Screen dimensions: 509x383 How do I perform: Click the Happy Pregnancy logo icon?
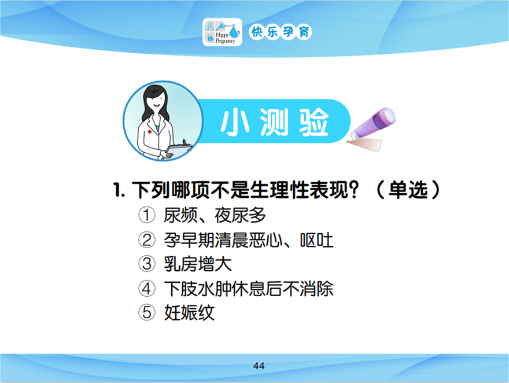tap(222, 32)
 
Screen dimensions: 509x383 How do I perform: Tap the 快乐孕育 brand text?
tap(281, 32)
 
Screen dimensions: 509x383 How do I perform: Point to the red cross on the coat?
tap(150, 132)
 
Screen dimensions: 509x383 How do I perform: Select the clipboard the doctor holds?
tap(179, 151)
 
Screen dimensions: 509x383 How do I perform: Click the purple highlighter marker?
tap(372, 129)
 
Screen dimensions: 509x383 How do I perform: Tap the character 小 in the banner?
tap(235, 123)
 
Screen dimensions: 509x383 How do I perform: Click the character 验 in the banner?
tap(314, 123)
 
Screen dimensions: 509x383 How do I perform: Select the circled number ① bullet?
tap(147, 215)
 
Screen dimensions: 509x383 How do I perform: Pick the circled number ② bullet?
tap(147, 240)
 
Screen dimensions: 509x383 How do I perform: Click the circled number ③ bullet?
tap(147, 264)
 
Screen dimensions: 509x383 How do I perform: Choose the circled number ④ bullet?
tap(147, 289)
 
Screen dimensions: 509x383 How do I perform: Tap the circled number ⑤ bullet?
tap(147, 312)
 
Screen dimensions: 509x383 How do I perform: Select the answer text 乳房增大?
tap(198, 264)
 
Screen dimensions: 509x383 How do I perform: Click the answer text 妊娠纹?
tap(189, 313)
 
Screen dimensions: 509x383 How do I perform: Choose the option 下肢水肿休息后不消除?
tap(249, 289)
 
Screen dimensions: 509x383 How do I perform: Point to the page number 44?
tap(259, 366)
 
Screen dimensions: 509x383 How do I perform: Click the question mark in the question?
tap(355, 190)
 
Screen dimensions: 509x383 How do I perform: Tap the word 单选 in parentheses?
tap(408, 190)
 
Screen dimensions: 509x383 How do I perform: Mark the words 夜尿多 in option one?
tap(240, 215)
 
